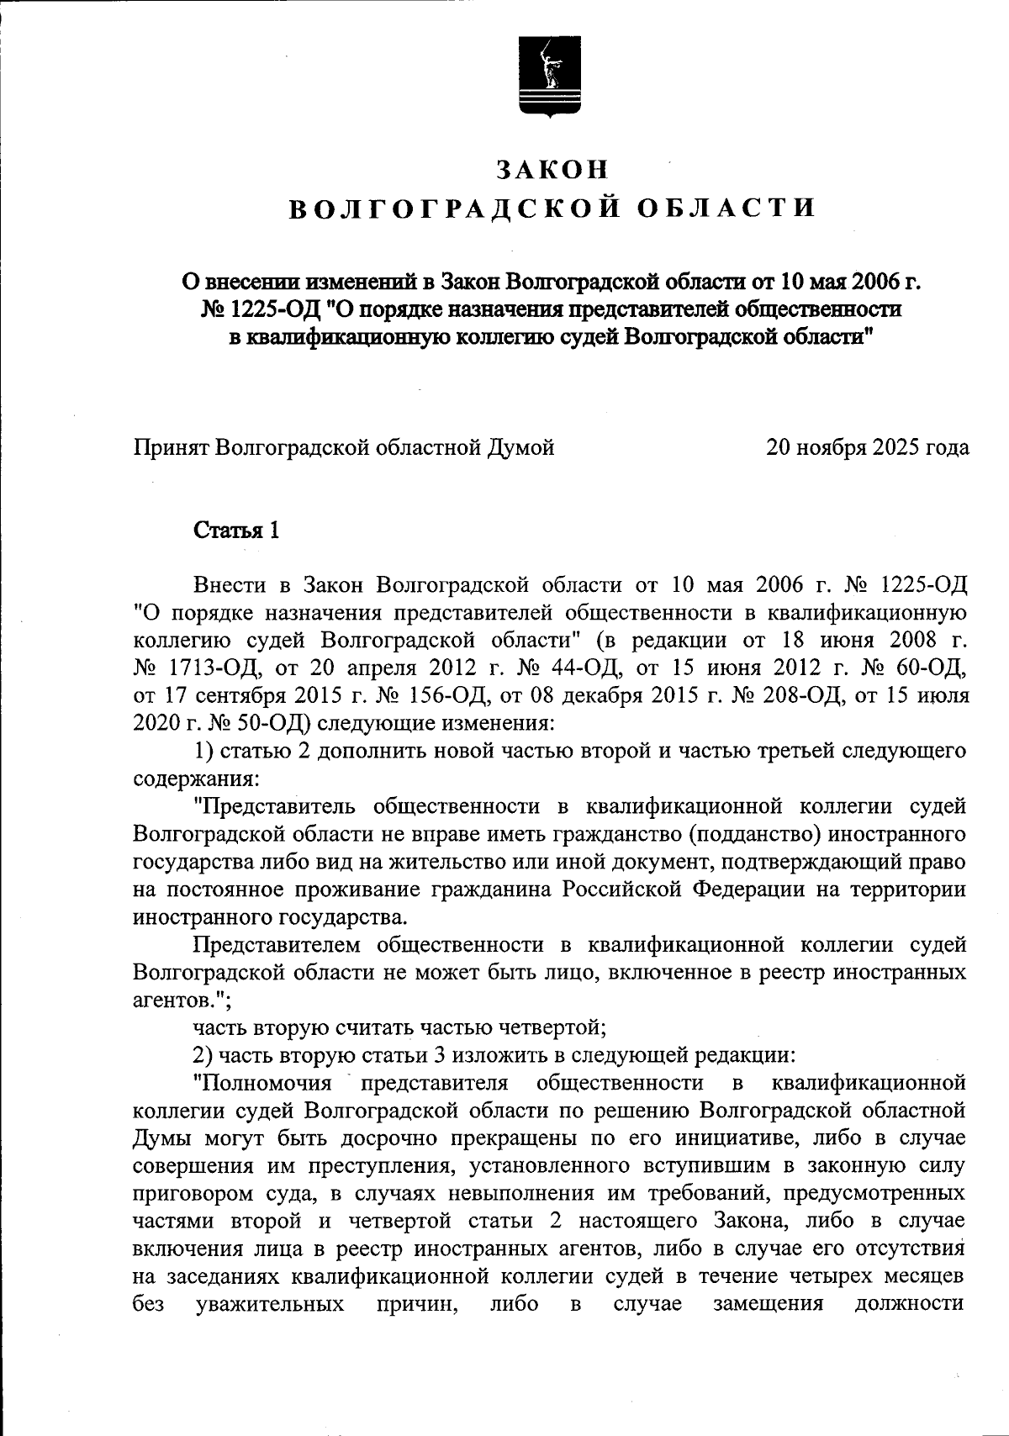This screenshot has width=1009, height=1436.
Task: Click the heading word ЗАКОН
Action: point(552,169)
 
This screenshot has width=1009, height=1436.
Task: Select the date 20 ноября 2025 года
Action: point(867,447)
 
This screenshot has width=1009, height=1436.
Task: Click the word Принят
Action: point(172,447)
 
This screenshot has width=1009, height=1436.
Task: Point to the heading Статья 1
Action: point(236,531)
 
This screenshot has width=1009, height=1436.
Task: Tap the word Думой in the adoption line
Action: point(521,447)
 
